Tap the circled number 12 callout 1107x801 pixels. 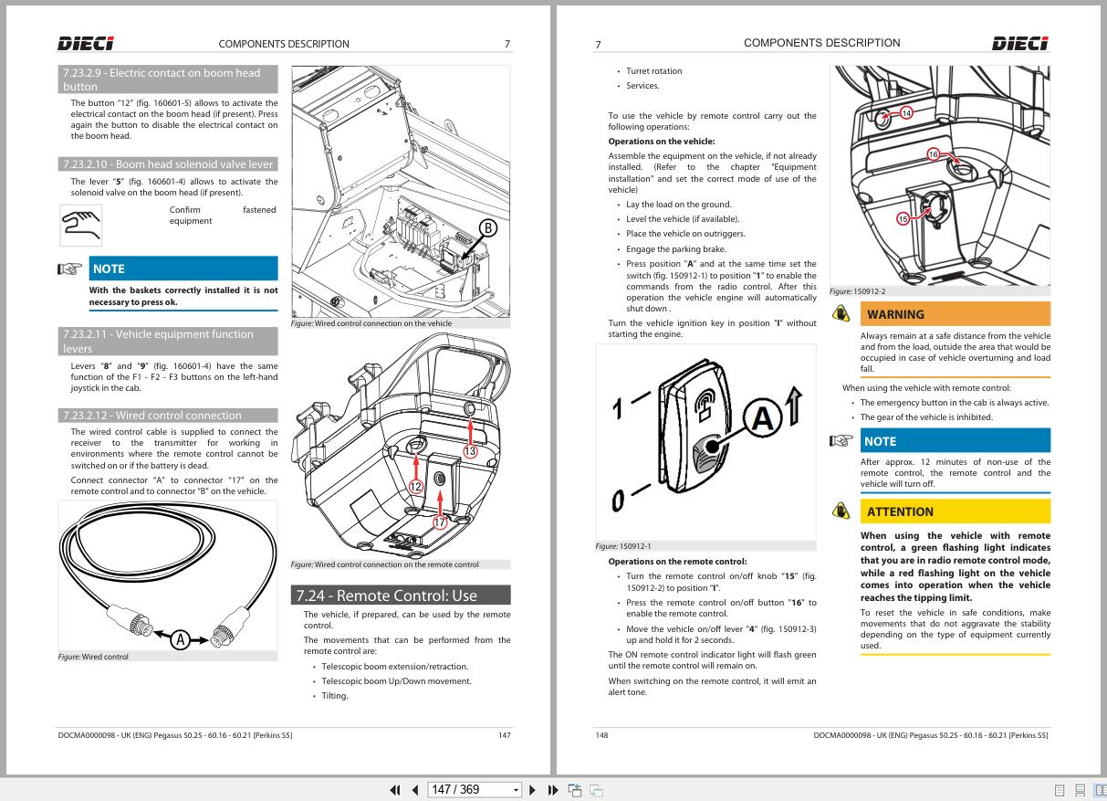(416, 486)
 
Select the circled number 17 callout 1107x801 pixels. (441, 522)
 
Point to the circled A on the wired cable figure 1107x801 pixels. (181, 639)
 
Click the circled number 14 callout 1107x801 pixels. (906, 113)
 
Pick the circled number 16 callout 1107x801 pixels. (934, 154)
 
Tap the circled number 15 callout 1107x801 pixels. (903, 219)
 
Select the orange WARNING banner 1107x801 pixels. (955, 314)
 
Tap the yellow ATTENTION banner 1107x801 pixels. (955, 511)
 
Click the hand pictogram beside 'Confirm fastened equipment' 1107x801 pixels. (81, 225)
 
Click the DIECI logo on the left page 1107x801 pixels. (86, 43)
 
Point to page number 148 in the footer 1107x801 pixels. (601, 734)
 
